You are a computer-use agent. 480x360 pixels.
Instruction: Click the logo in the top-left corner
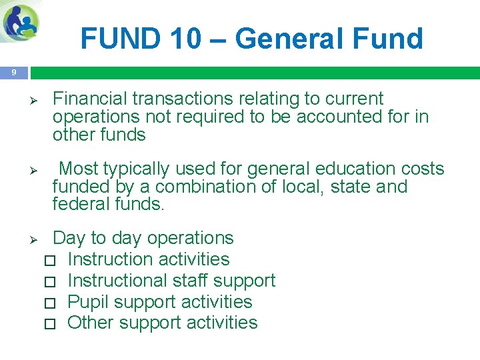[x=21, y=22]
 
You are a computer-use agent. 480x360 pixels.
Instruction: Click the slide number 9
[x=14, y=72]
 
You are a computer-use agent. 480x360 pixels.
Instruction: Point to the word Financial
[x=90, y=99]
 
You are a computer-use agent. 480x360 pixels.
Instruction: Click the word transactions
[x=181, y=99]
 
